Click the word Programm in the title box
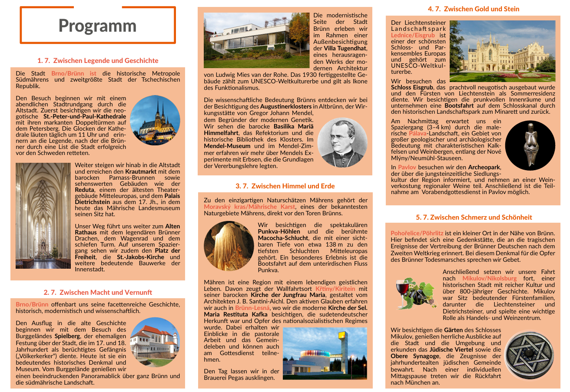click(x=97, y=26)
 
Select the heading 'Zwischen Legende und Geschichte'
click(x=98, y=60)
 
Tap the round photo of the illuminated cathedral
click(x=155, y=120)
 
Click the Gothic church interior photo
click(x=43, y=215)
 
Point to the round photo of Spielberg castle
click(x=155, y=342)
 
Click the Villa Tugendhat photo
click(x=257, y=40)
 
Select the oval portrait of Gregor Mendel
click(x=342, y=143)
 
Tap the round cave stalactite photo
click(x=229, y=246)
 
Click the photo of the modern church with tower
click(x=325, y=353)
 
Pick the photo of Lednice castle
click(x=502, y=51)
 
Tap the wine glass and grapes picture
click(x=415, y=293)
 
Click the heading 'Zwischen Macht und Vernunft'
click(x=98, y=292)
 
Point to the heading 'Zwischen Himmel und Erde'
click(x=285, y=186)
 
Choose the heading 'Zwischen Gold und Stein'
click(x=474, y=9)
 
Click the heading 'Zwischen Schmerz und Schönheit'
click(x=474, y=217)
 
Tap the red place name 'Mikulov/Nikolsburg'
click(x=489, y=278)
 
